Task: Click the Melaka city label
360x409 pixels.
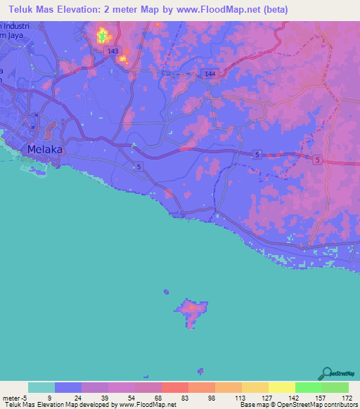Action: pos(45,150)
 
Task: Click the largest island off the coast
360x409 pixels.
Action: pos(191,309)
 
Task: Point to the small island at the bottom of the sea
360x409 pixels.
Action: pos(201,370)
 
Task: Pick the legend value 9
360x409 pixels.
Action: pos(49,398)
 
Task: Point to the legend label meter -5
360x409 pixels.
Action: pos(13,398)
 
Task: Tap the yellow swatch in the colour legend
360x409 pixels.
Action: pos(281,387)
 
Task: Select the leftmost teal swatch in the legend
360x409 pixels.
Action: pos(41,387)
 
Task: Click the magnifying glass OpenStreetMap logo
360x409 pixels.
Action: pos(326,372)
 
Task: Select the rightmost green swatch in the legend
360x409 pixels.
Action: pos(335,387)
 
